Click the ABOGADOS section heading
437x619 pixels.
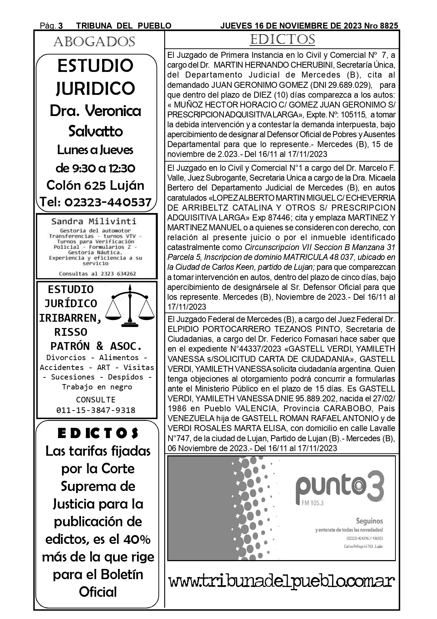pos(94,42)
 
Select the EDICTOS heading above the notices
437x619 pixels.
pos(282,40)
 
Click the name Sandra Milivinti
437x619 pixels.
pos(94,221)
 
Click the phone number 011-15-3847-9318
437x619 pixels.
pos(96,410)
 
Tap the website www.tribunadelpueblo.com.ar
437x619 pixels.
pos(281,581)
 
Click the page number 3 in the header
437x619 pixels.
pos(61,26)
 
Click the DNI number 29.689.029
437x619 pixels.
pos(349,85)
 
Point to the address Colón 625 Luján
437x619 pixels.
pos(95,185)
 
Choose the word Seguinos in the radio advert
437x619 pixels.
pos(369,521)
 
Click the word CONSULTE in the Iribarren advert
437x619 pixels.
pos(96,400)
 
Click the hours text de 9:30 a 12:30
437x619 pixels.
pos(95,168)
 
